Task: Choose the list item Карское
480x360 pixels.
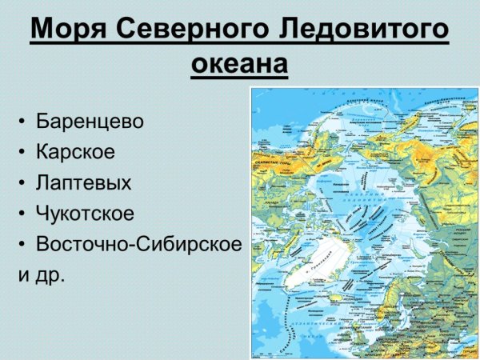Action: click(x=76, y=152)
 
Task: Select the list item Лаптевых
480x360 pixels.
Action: click(x=83, y=182)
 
